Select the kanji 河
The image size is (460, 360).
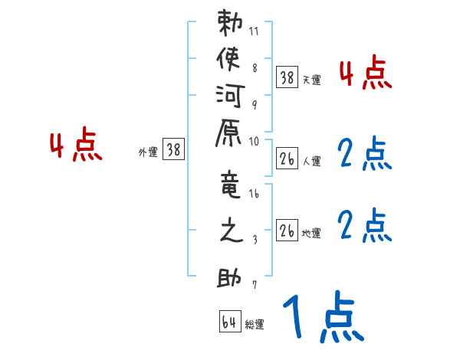[x=229, y=97]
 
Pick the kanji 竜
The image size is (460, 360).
[x=229, y=187]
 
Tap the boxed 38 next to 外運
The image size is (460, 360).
[x=174, y=150]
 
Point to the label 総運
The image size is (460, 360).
[x=255, y=324]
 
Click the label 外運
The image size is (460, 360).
[x=147, y=152]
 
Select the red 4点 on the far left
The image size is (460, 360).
[x=76, y=146]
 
